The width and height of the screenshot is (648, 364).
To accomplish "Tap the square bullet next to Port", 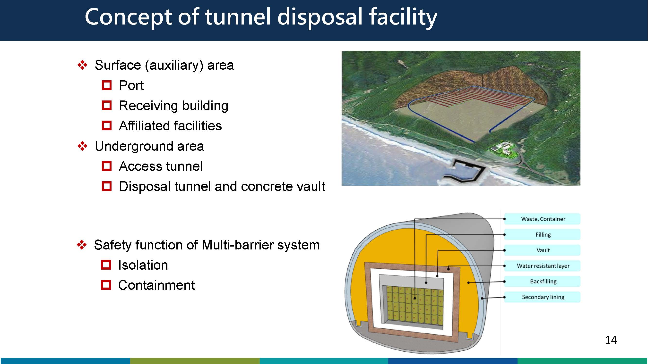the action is pyautogui.click(x=107, y=85).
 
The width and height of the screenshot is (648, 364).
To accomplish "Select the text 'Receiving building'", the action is pyautogui.click(x=173, y=106).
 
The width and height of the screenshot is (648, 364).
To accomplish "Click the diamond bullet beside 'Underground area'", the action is pyautogui.click(x=82, y=146).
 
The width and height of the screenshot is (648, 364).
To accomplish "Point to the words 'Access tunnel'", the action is pyautogui.click(x=161, y=166).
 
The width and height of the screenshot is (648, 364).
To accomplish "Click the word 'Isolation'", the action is pyautogui.click(x=143, y=265).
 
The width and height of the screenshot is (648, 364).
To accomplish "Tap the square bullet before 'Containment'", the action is pyautogui.click(x=106, y=285).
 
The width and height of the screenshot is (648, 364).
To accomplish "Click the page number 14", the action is pyautogui.click(x=611, y=340).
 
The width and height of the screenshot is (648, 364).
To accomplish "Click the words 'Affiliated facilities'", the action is pyautogui.click(x=170, y=126).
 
